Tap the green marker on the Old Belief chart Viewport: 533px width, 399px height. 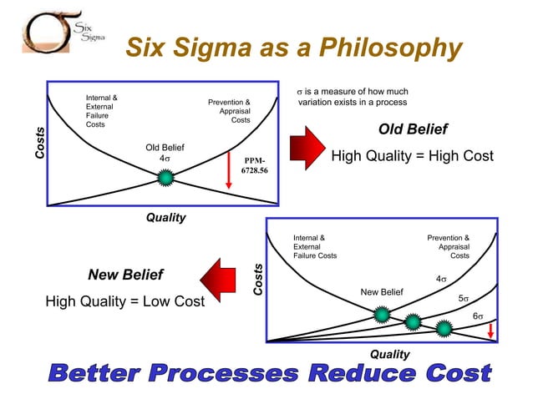165,177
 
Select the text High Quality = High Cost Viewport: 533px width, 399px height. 413,156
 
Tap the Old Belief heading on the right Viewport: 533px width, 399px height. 413,129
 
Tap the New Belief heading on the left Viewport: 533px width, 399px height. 125,275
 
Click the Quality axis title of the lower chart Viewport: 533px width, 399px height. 389,354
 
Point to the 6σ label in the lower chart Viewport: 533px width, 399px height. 480,316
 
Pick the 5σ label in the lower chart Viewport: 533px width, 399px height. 464,298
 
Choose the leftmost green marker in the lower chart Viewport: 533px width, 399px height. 381,315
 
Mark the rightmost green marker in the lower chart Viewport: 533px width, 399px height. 443,328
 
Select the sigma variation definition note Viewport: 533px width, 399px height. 353,97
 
